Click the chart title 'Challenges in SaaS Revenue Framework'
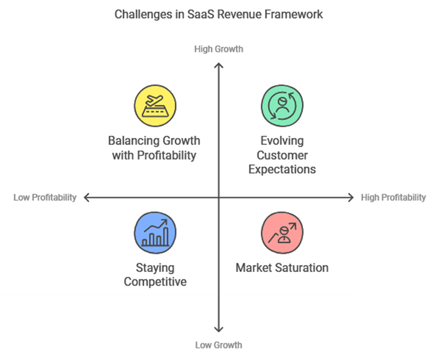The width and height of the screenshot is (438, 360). tap(219, 15)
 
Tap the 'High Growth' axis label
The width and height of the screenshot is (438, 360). tap(219, 49)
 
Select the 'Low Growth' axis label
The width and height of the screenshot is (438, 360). tap(219, 345)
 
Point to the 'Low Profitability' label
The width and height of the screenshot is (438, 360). tap(45, 197)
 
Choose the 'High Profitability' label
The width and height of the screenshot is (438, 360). tap(393, 197)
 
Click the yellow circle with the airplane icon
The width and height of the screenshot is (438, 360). tap(155, 106)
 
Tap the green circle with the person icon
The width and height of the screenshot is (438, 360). tap(282, 106)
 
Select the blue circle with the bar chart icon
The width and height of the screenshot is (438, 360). tap(155, 233)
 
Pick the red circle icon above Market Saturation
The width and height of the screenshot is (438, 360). tap(282, 233)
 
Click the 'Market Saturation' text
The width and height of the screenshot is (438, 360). tap(282, 268)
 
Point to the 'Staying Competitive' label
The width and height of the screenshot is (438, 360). tap(155, 275)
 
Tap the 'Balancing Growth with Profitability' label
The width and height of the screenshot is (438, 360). tap(154, 148)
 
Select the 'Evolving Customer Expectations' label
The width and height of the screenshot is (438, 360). tap(282, 155)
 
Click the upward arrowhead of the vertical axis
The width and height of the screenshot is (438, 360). tap(219, 64)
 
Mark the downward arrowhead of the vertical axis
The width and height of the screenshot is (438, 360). tap(219, 331)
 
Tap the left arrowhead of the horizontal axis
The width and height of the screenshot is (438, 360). tap(85, 197)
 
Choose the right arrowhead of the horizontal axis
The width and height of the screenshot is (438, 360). tap(353, 197)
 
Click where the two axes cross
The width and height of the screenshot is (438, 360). tap(219, 197)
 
